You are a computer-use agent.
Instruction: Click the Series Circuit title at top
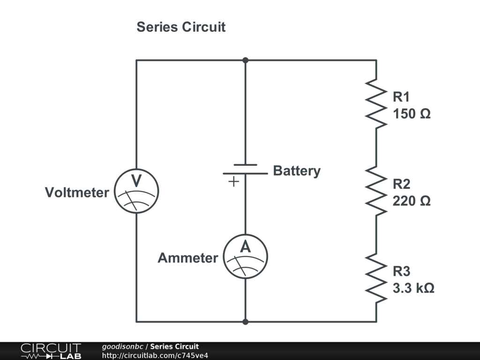181,27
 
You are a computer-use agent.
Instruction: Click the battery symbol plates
245,169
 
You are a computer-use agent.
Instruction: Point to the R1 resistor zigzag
376,104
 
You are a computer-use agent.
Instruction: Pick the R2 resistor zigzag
376,191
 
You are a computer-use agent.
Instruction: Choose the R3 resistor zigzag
376,278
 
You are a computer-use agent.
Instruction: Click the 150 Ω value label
412,114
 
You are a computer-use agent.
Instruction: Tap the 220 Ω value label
412,201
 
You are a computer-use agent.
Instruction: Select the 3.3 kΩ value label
413,288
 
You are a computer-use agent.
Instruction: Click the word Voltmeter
77,193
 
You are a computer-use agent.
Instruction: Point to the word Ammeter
187,258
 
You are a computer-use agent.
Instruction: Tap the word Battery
297,171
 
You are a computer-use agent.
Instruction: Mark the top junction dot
245,60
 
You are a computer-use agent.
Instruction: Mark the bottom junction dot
245,322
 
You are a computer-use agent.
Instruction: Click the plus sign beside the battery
233,182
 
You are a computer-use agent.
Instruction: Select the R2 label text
401,184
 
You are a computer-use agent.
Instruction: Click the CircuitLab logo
51,351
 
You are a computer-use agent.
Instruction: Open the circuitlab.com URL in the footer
155,355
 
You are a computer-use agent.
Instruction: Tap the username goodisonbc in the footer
122,346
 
